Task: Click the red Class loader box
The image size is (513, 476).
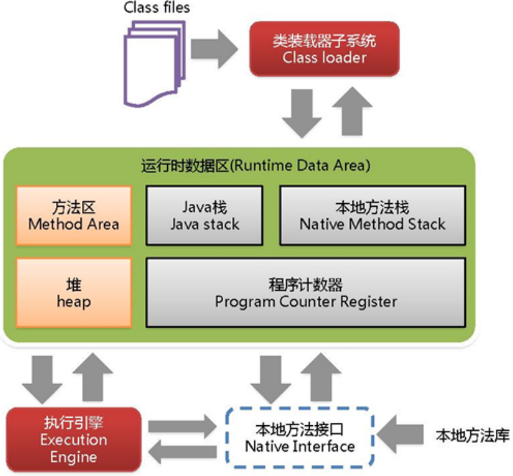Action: click(324, 49)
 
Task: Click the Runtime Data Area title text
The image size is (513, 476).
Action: click(255, 166)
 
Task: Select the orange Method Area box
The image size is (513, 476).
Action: click(74, 216)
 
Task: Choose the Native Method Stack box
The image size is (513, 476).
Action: click(372, 216)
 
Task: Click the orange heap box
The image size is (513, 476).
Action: click(74, 292)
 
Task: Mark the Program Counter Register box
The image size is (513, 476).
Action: click(305, 292)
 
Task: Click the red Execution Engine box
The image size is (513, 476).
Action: click(73, 439)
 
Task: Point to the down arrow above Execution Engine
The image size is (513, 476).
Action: click(42, 377)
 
